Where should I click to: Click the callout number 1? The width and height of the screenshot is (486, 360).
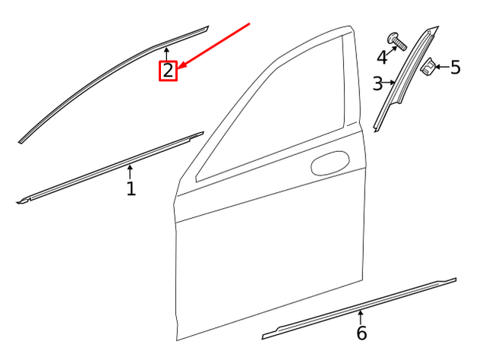[x=131, y=188]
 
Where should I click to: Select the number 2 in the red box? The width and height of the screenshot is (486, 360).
[x=167, y=71]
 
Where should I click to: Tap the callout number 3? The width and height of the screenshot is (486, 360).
[x=377, y=84]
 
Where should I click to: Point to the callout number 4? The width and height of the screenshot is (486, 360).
[x=382, y=57]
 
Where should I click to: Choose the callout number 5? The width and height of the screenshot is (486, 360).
[x=455, y=68]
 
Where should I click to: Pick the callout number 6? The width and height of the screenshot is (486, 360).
[x=361, y=333]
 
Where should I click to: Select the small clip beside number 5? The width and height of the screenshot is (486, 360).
[x=428, y=68]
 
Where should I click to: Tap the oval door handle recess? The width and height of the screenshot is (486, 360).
[x=330, y=163]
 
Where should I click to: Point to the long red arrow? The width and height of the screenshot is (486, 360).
[x=216, y=43]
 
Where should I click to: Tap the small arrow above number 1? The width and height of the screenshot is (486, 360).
[x=130, y=171]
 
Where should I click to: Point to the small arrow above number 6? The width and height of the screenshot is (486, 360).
[x=361, y=316]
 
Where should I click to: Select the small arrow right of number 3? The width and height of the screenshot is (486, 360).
[x=391, y=82]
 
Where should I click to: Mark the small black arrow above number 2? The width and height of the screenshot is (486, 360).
[x=167, y=53]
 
